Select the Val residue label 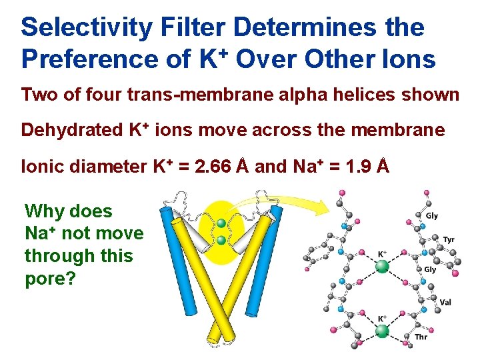(x=445, y=302)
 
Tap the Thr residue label (x=421, y=337)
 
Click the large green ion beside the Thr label (x=383, y=331)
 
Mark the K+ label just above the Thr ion (x=383, y=318)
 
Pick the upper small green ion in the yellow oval (x=221, y=223)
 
